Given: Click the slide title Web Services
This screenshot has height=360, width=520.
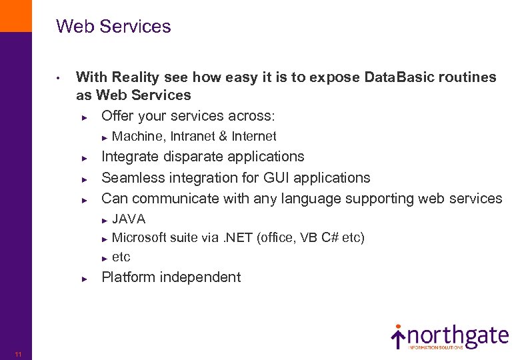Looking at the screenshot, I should (x=113, y=27).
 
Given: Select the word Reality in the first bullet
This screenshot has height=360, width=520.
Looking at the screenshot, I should (x=137, y=77).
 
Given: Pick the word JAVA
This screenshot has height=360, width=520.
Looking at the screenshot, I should (x=129, y=219).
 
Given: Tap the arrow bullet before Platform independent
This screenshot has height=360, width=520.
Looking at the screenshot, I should (x=85, y=279).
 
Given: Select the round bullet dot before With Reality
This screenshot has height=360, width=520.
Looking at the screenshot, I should (x=59, y=78).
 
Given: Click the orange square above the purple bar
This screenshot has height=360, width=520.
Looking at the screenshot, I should (x=15, y=15).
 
